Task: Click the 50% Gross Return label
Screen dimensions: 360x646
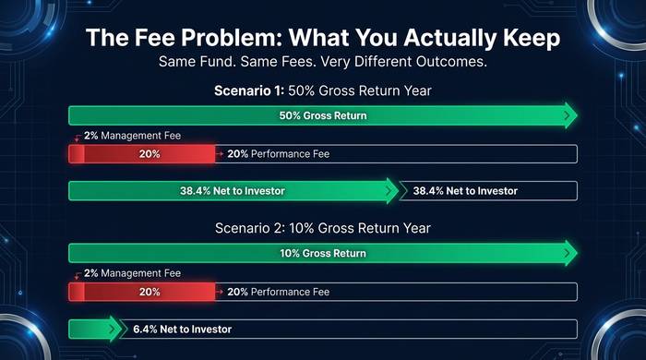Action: tap(322, 116)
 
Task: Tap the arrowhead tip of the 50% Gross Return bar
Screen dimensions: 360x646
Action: tap(576, 116)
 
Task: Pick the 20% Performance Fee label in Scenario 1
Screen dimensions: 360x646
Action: tap(278, 154)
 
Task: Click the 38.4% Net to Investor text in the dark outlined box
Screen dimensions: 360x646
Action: tap(465, 191)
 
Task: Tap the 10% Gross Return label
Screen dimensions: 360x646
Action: tap(322, 253)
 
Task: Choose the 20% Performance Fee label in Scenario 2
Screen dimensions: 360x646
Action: tap(278, 292)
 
